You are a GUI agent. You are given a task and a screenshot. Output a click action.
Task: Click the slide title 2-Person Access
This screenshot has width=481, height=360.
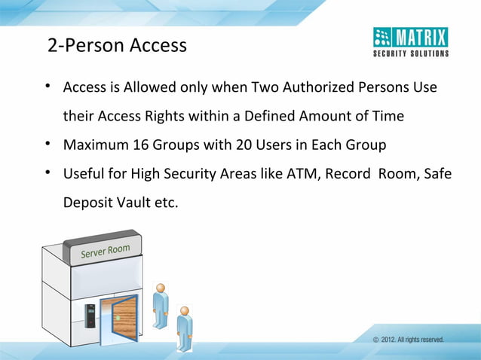(117, 46)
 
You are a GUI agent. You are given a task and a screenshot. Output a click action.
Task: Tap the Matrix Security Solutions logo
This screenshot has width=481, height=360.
(411, 41)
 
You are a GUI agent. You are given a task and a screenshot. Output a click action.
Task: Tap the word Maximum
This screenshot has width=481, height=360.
(92, 145)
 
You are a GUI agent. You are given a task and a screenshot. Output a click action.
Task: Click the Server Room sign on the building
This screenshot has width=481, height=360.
(106, 254)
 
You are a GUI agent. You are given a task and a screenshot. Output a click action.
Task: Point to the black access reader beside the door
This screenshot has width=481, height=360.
(90, 316)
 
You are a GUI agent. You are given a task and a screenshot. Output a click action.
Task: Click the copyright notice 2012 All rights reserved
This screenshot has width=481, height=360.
(408, 340)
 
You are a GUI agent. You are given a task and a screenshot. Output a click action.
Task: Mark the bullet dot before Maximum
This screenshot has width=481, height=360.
(47, 144)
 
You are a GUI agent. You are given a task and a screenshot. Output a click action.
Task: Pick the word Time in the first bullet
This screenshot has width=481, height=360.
(388, 117)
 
